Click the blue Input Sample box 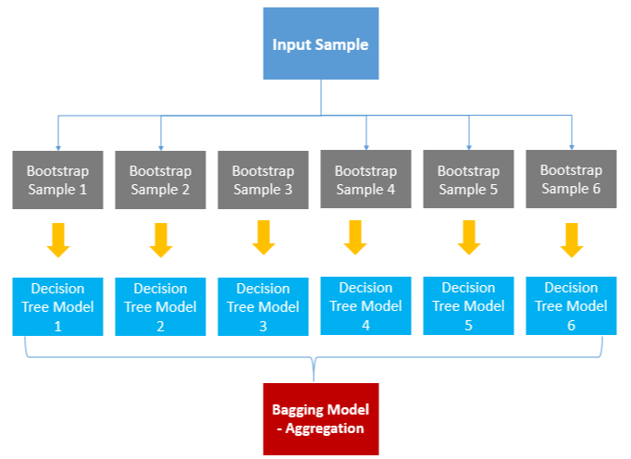click(x=321, y=43)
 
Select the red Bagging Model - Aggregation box click(x=321, y=418)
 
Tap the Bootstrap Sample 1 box click(x=57, y=180)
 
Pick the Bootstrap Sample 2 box click(x=160, y=180)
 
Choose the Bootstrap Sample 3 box click(x=263, y=180)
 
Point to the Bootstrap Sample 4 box click(x=365, y=180)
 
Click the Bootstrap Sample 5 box click(x=468, y=180)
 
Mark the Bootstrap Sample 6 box click(x=571, y=180)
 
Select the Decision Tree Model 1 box click(x=57, y=306)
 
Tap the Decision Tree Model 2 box click(x=160, y=306)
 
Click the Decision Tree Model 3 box click(x=263, y=306)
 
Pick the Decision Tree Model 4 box click(x=365, y=305)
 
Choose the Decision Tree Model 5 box click(x=468, y=305)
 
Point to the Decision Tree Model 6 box click(x=571, y=305)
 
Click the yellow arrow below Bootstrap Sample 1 click(x=58, y=241)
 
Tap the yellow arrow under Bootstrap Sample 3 click(x=264, y=238)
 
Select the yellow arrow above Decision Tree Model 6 click(x=572, y=241)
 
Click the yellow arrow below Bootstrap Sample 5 click(x=469, y=238)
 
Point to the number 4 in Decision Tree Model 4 click(x=365, y=325)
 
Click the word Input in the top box click(x=286, y=44)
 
